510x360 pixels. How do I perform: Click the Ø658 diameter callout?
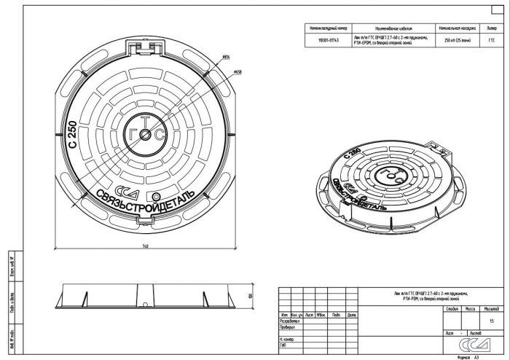point(238,72)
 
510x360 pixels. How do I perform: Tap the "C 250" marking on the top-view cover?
point(71,136)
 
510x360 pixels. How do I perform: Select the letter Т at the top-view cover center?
point(144,120)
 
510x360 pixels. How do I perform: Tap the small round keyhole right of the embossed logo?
point(155,197)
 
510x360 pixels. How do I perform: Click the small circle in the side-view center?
point(145,304)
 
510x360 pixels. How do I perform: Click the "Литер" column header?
point(490,28)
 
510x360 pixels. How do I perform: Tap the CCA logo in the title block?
point(463,345)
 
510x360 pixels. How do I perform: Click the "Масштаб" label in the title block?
point(489,309)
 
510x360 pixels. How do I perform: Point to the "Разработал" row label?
point(290,321)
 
